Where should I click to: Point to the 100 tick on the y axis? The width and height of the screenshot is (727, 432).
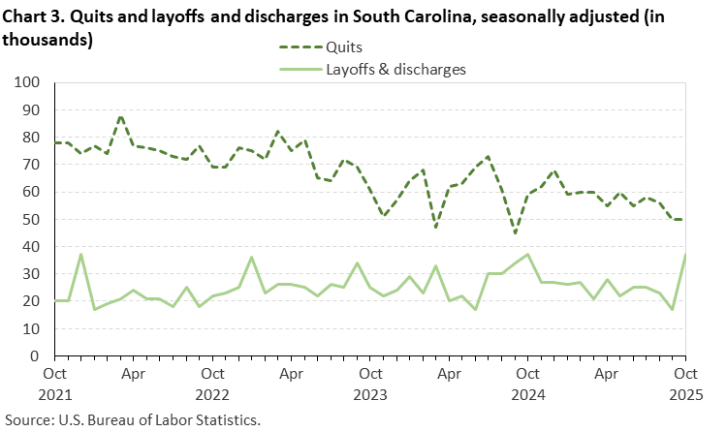25,83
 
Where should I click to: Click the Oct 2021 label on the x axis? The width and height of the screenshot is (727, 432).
54,381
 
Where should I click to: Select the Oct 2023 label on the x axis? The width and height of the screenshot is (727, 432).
368,381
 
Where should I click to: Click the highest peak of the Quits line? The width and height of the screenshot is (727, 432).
120,116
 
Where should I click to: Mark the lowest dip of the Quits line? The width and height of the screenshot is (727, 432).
515,233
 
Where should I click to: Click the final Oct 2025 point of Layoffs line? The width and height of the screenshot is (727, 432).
684,255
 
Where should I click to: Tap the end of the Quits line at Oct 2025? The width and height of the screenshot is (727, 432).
684,220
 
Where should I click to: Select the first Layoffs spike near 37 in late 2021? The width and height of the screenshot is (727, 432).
80,255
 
